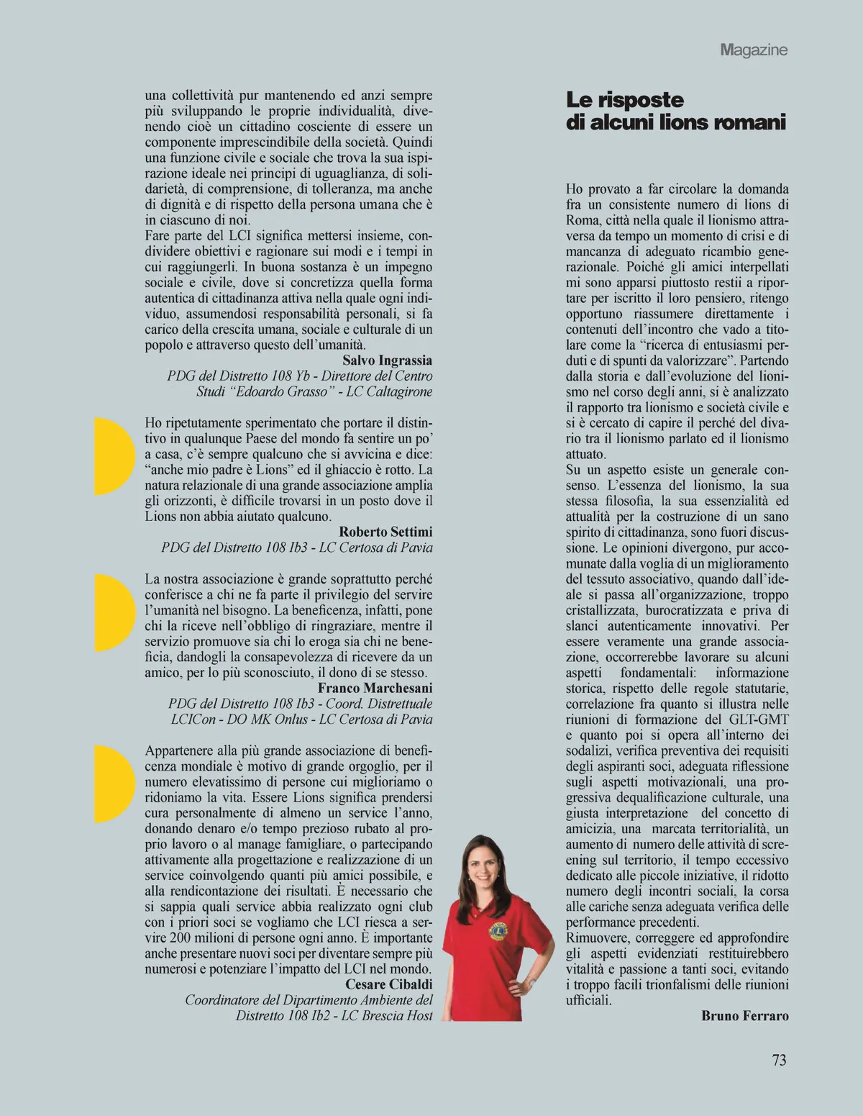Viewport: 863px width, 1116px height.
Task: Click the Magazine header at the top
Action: [754, 50]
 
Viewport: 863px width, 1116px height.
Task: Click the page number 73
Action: [779, 1060]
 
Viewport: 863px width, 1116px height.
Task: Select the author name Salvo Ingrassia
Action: [387, 360]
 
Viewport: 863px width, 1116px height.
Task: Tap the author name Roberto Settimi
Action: [385, 532]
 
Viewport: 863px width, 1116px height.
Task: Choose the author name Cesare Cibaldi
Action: [389, 984]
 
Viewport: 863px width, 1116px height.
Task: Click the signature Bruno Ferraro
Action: [745, 1016]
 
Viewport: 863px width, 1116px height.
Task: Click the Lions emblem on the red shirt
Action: [497, 930]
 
